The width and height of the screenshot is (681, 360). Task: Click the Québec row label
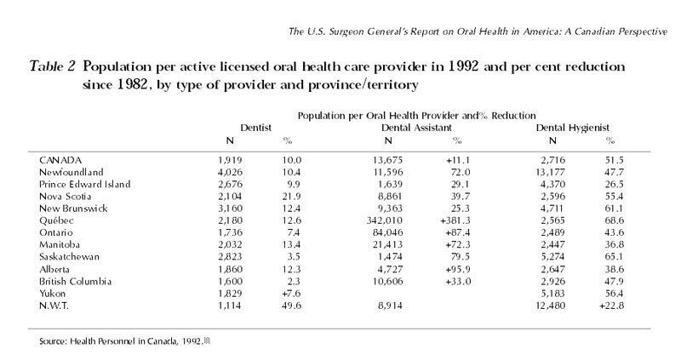click(x=56, y=220)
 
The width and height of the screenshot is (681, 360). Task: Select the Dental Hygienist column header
click(x=572, y=128)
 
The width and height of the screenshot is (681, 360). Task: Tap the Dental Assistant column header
click(x=416, y=128)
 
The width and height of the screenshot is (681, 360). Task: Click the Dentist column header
click(x=256, y=128)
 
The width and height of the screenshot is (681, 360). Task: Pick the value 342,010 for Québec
click(x=385, y=220)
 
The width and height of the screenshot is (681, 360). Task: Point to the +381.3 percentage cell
click(x=455, y=220)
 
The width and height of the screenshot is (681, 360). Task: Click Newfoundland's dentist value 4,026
click(x=230, y=172)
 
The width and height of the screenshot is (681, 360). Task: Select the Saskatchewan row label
click(x=69, y=257)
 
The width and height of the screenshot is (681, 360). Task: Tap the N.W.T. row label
click(x=54, y=306)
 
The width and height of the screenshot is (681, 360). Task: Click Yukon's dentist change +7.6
click(x=291, y=294)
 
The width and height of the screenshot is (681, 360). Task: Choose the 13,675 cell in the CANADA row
click(x=387, y=160)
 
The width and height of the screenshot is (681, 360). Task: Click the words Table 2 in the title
click(x=52, y=66)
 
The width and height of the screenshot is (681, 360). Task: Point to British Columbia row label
click(x=75, y=282)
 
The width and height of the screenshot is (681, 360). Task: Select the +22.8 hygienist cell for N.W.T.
click(x=611, y=306)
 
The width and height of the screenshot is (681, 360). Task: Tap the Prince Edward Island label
click(x=84, y=184)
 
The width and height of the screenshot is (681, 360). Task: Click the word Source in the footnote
click(x=53, y=341)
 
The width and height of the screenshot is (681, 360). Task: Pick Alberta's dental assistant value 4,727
click(x=391, y=269)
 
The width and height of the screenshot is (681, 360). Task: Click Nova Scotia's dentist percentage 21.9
click(x=291, y=197)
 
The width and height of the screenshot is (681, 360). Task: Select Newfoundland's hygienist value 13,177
click(x=551, y=172)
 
